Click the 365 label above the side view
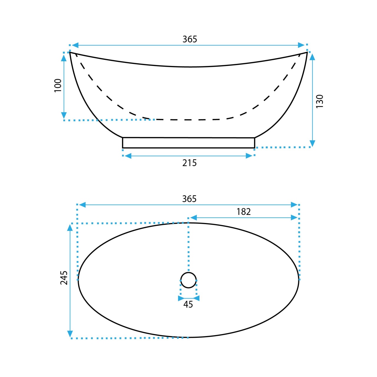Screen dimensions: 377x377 pyautogui.click(x=190, y=39)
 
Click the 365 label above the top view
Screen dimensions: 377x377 pyautogui.click(x=189, y=199)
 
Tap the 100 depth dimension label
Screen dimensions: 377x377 pyautogui.click(x=58, y=85)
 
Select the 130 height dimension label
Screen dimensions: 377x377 pyautogui.click(x=320, y=101)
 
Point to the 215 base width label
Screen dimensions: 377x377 pyautogui.click(x=189, y=163)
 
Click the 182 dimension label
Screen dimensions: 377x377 pyautogui.click(x=244, y=212)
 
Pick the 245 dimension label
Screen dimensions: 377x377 pyautogui.click(x=64, y=278)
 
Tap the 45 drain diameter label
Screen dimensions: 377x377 pyautogui.click(x=188, y=305)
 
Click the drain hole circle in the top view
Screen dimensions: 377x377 pyautogui.click(x=188, y=272)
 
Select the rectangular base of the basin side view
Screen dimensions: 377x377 pyautogui.click(x=188, y=138)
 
